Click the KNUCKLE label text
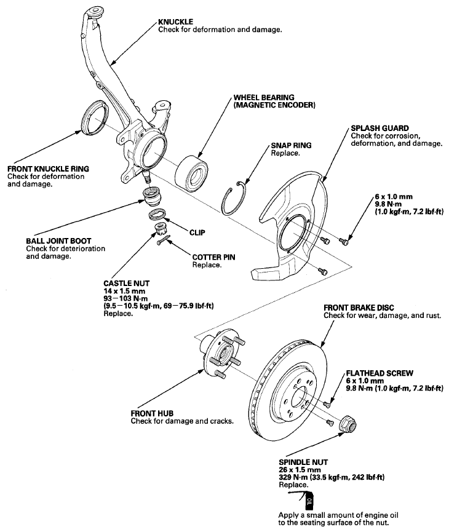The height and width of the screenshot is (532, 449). click(175, 22)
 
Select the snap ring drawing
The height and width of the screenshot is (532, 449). click(233, 198)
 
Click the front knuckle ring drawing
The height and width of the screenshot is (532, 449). click(95, 117)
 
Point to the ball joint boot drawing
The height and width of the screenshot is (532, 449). click(152, 196)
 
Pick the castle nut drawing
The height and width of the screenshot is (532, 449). click(159, 229)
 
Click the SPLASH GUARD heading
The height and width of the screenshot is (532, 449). click(379, 129)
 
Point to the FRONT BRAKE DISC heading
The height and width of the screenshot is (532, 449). click(359, 308)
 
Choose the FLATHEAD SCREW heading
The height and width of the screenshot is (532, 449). click(379, 373)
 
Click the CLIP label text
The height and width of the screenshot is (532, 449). click(197, 232)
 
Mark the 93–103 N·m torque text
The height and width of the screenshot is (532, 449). click(125, 298)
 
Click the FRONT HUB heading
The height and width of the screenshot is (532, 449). click(152, 413)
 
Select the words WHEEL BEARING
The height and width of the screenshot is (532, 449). click(264, 97)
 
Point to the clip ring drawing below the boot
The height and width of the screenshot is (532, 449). click(157, 214)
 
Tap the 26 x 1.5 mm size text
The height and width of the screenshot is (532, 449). click(300, 470)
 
